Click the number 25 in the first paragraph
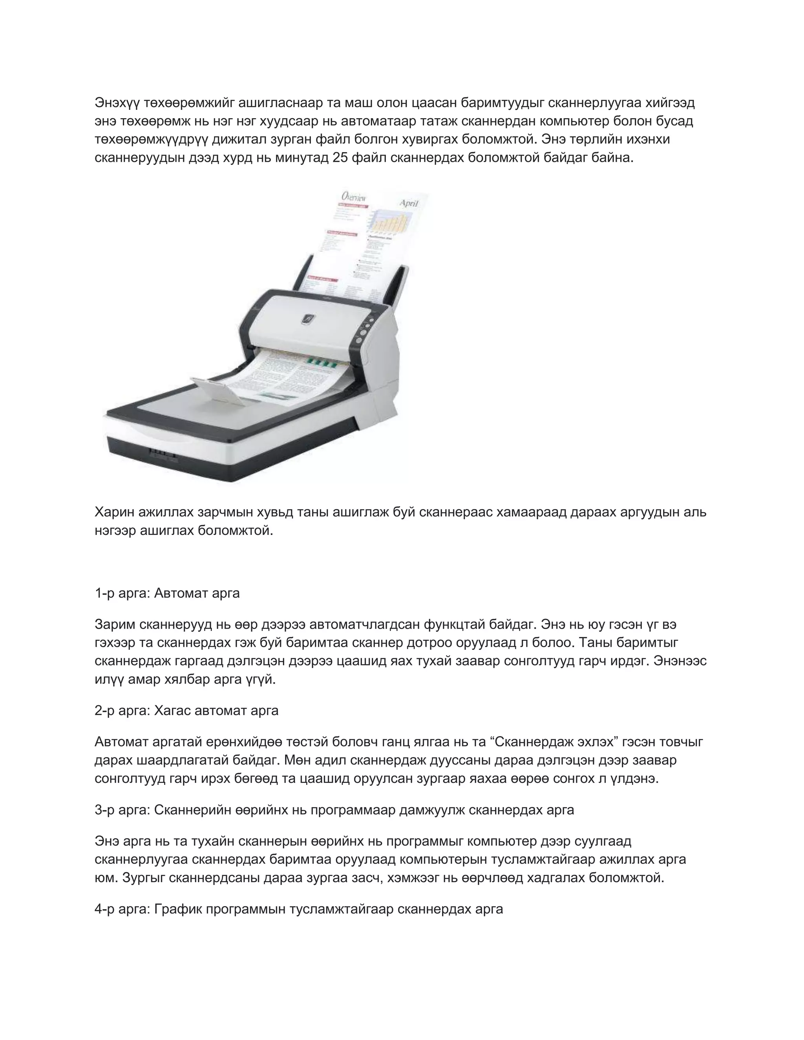[340, 158]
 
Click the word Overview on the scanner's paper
[353, 197]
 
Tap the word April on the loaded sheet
[408, 203]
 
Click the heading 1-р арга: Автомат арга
[167, 593]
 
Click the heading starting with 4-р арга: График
[299, 909]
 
